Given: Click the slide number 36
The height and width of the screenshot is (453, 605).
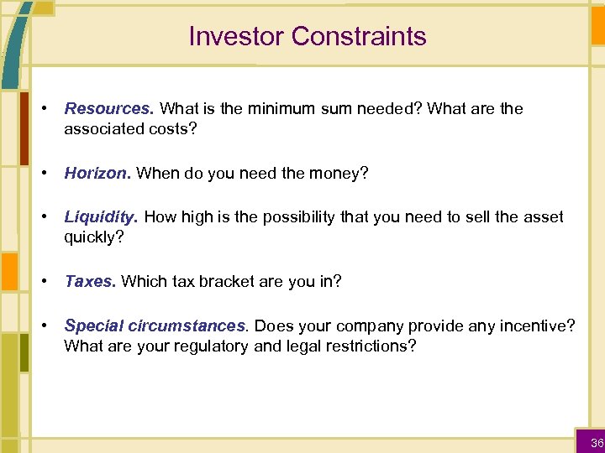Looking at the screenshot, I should point(597,443).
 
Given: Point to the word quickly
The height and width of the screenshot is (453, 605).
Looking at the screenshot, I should point(92,237).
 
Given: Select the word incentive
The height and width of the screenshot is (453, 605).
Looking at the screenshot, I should point(534,325).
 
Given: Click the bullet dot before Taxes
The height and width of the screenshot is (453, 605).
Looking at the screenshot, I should point(44,282).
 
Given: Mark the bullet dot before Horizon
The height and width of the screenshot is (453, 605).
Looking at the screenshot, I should point(44,174).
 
